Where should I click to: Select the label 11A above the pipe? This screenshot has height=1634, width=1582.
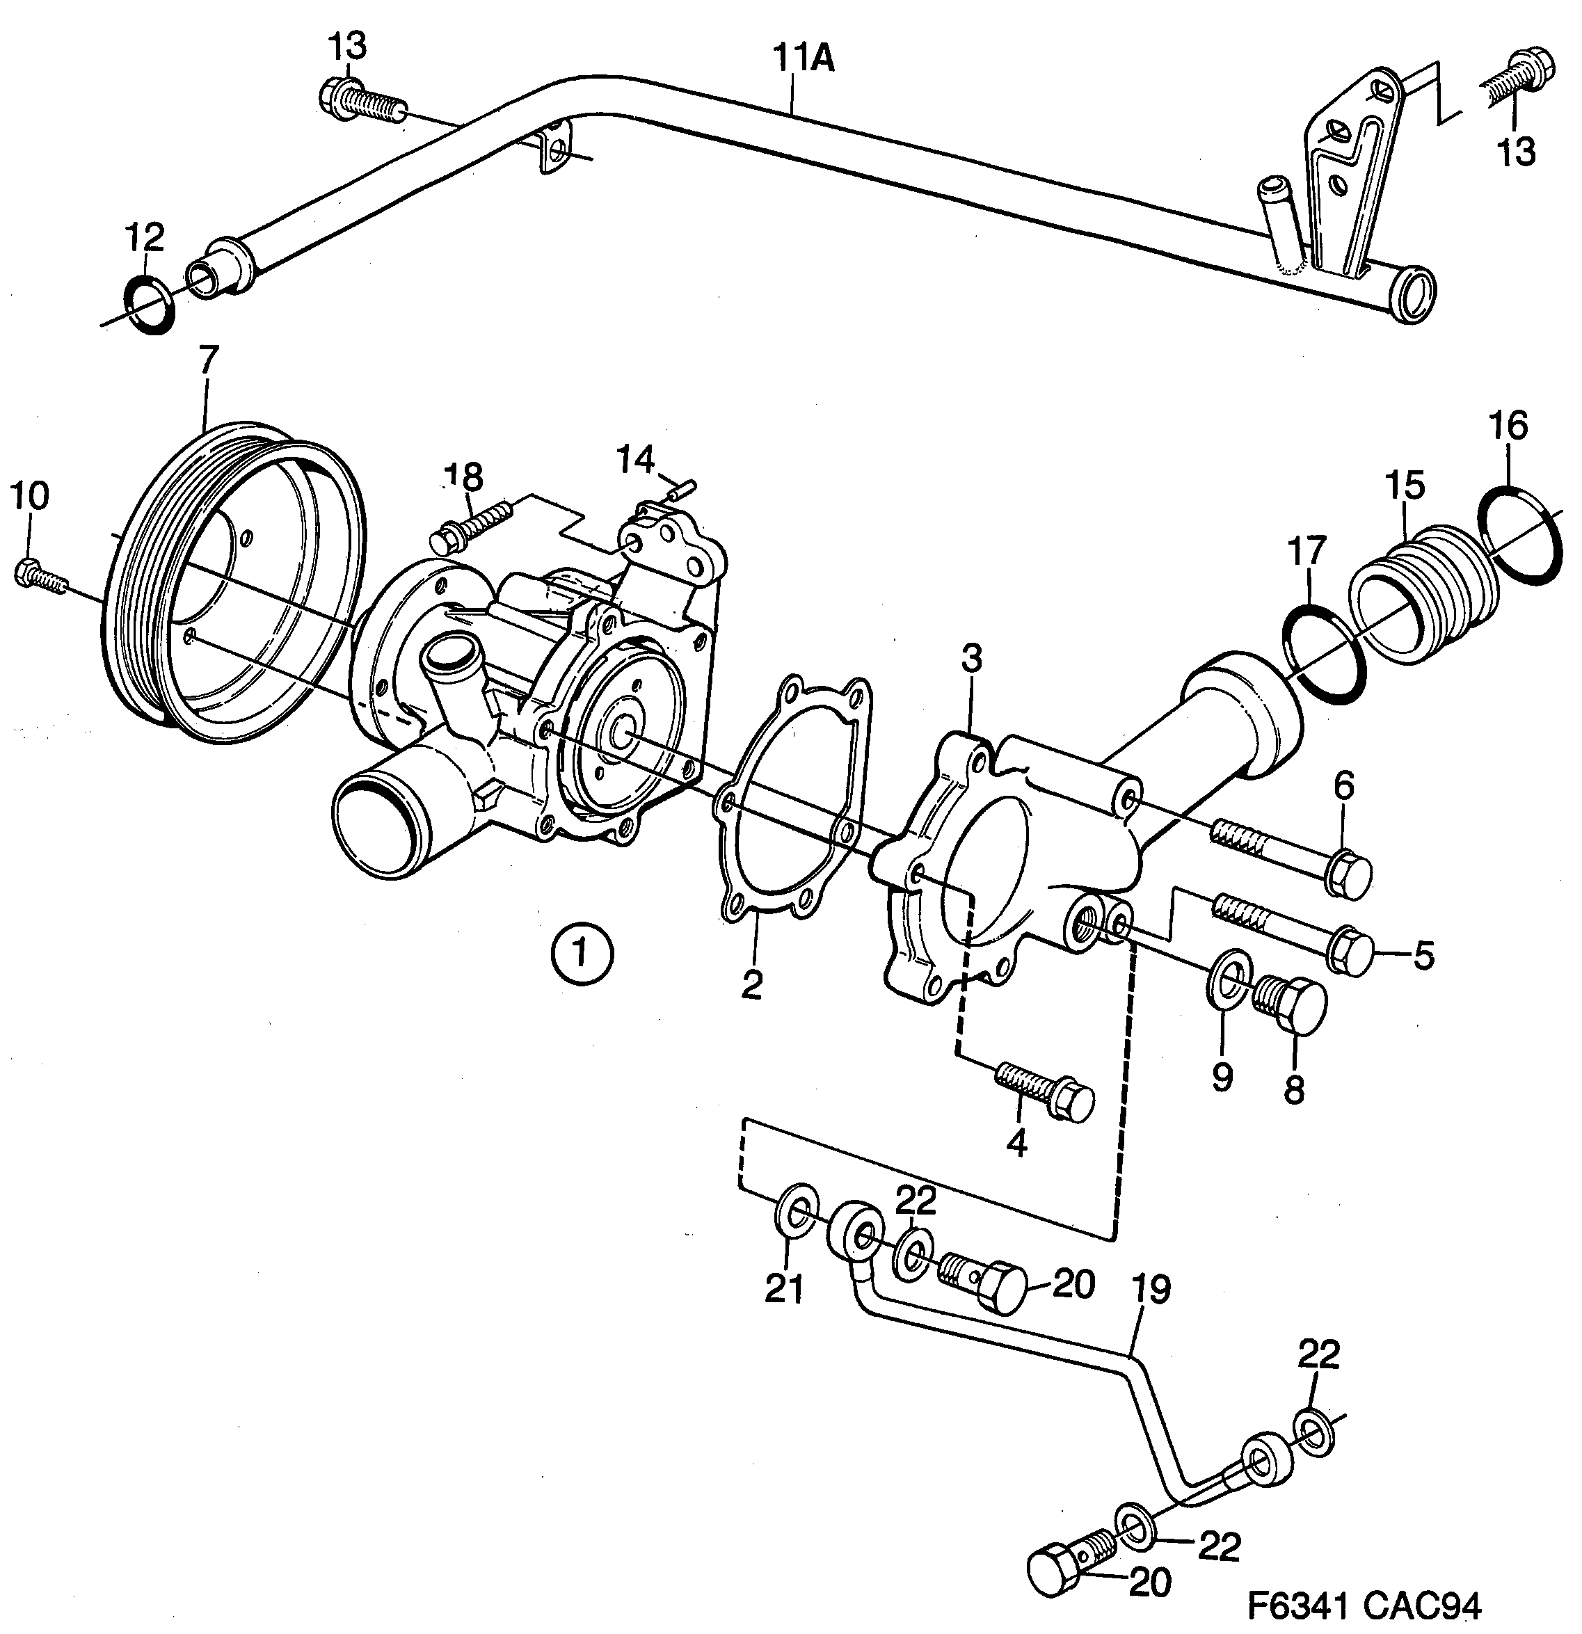click(x=802, y=60)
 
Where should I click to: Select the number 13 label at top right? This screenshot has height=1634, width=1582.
click(x=1516, y=152)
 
